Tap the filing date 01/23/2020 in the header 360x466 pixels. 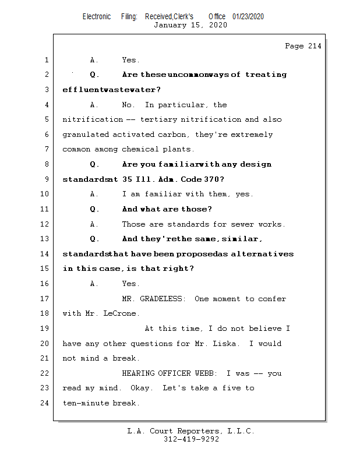point(248,17)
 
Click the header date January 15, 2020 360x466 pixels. point(190,25)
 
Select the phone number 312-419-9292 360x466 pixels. point(191,439)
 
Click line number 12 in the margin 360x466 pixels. point(46,224)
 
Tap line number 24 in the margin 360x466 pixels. point(46,403)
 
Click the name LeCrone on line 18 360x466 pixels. point(122,313)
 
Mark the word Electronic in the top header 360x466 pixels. point(97,17)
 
